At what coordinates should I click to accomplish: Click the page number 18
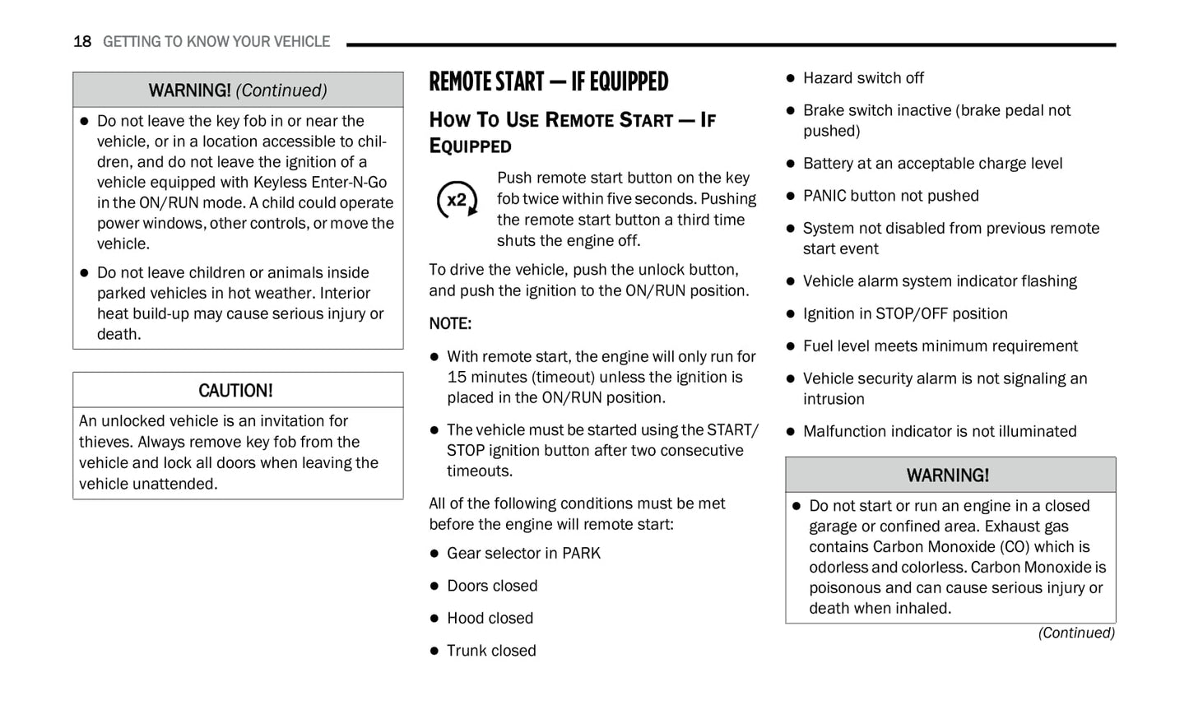(81, 42)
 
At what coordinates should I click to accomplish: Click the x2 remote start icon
(457, 200)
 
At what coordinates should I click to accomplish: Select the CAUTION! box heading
(235, 391)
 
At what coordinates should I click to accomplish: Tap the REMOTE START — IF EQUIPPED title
(548, 81)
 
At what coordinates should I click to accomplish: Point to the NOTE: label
(450, 324)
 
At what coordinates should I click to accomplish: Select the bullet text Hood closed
(490, 619)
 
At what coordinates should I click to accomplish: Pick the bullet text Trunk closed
(491, 651)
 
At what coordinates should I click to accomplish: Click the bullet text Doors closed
(492, 586)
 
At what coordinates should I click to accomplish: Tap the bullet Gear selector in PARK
(523, 554)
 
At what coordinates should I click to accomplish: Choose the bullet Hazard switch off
(863, 78)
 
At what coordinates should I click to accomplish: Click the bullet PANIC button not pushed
(890, 196)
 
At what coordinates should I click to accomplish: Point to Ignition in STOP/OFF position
(905, 313)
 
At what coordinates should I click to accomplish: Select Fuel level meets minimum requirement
(940, 346)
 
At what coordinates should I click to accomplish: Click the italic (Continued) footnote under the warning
(1075, 633)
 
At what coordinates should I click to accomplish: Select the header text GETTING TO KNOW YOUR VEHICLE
(216, 42)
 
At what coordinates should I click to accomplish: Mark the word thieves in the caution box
(103, 442)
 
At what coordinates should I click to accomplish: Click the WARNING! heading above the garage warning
(947, 475)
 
